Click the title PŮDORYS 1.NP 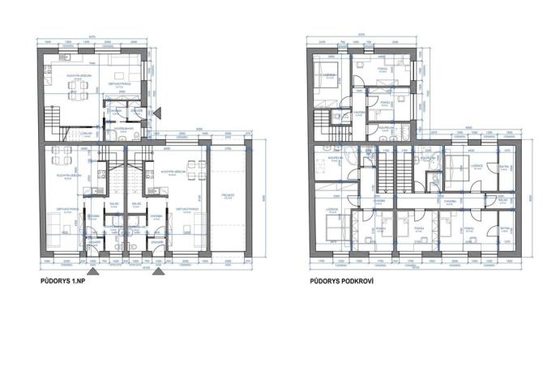[62, 283]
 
